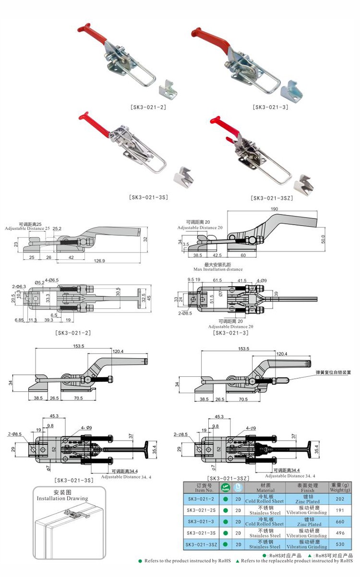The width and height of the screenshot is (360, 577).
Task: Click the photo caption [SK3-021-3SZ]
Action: click(272, 197)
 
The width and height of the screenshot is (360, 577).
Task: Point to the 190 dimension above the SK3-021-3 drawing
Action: click(274, 209)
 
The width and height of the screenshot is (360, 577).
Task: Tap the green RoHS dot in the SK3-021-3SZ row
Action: click(225, 544)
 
